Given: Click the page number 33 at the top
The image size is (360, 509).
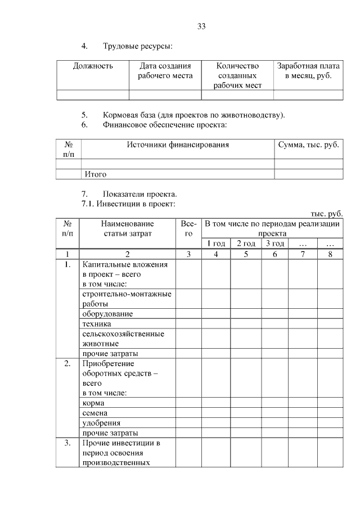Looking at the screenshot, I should tap(202, 26).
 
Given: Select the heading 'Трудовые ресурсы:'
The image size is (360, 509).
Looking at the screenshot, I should tap(137, 46).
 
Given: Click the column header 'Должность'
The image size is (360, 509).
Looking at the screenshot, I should tap(93, 66).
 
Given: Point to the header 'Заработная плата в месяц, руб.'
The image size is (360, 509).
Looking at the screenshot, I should tap(308, 71).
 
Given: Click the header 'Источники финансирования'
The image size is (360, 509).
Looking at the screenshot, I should tap(178, 145).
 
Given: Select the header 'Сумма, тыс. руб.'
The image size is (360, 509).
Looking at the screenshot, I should tap(309, 145).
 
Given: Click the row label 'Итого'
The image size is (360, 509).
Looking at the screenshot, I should tap(95, 174).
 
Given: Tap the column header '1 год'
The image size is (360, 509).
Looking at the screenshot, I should tap(216, 244).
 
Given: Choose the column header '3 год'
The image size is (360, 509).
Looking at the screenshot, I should tap(274, 244).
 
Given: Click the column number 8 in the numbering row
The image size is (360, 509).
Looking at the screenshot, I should tap(330, 254).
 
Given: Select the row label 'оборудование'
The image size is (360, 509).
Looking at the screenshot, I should tap(107, 313).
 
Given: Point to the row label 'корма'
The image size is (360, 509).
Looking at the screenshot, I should tap(93, 403).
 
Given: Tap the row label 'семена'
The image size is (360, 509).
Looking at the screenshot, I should tap(95, 413).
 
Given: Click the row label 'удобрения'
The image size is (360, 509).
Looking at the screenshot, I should tap(101, 423).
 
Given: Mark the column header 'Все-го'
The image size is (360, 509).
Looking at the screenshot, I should tap(189, 228).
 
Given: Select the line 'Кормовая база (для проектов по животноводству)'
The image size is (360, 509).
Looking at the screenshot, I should tap(193, 115).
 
